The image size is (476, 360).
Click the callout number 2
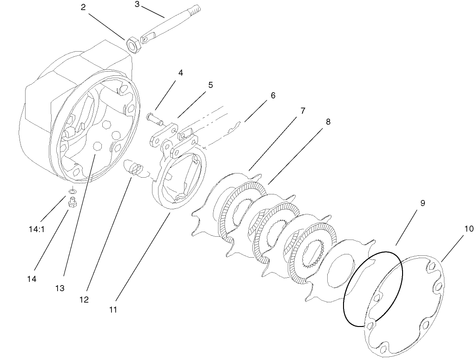click(x=83, y=7)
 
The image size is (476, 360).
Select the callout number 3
click(x=137, y=4)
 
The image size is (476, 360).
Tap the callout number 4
click(x=180, y=73)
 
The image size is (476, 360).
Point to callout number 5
click(x=210, y=85)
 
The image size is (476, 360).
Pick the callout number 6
click(x=272, y=95)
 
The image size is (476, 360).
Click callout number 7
click(x=303, y=111)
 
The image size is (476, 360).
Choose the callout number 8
click(x=328, y=122)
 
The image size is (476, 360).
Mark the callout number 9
click(x=423, y=203)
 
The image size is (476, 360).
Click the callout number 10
click(x=468, y=229)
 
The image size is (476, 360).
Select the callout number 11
click(x=113, y=309)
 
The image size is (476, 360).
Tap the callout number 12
click(x=84, y=300)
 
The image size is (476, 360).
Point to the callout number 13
click(x=59, y=288)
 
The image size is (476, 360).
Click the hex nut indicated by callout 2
click(x=132, y=46)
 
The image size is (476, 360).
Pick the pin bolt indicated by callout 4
click(x=155, y=118)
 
